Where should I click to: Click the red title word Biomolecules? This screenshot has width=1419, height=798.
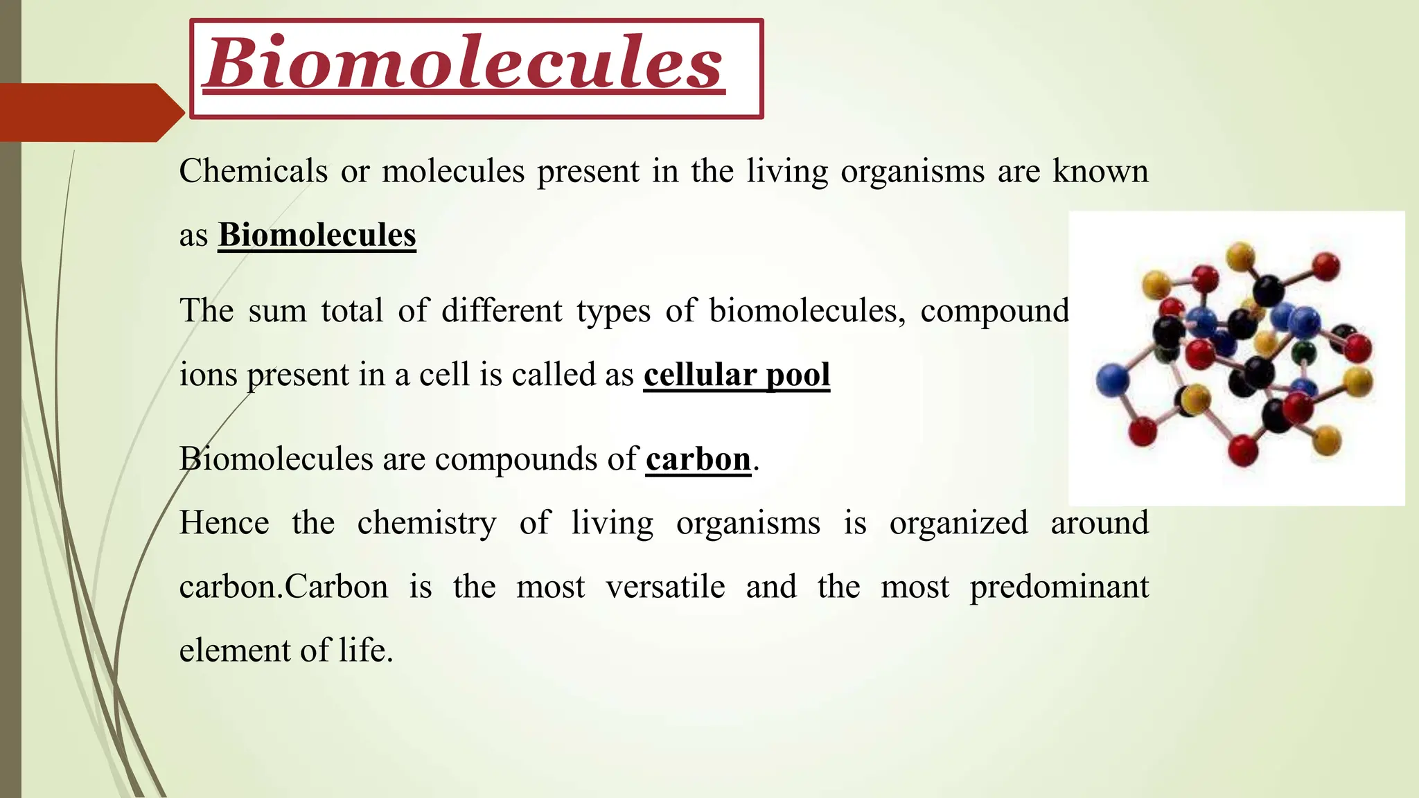(464, 64)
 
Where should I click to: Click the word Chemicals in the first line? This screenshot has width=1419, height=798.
(253, 171)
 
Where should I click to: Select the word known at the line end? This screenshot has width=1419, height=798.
(1100, 171)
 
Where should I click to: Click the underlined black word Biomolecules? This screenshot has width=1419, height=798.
(317, 235)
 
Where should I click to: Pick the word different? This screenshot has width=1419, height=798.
(502, 310)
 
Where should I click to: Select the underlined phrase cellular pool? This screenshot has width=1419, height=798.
(737, 375)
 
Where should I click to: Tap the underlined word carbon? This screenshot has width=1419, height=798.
(698, 459)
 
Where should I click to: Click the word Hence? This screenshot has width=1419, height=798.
(224, 522)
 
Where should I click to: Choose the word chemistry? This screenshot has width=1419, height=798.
(427, 523)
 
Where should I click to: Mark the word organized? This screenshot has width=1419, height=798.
(958, 522)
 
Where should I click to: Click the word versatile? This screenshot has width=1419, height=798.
(665, 587)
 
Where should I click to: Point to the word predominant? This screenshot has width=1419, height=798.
(1059, 587)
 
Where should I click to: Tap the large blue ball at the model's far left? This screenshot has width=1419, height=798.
(1113, 380)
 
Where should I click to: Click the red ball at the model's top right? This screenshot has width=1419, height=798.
(1326, 265)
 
